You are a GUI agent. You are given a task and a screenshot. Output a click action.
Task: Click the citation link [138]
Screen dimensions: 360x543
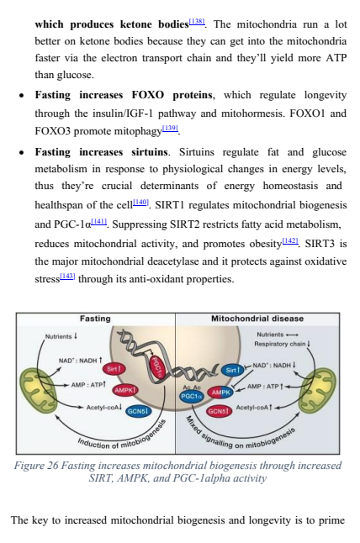tap(197, 22)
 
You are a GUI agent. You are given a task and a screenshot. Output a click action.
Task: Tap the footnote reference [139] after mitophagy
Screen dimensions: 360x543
tap(170, 129)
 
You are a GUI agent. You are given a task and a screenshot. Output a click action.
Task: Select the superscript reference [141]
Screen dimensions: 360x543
tap(99, 222)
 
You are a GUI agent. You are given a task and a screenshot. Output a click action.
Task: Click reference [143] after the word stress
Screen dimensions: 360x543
tap(67, 276)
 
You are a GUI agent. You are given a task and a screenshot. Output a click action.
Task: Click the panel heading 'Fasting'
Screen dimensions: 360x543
tap(95, 319)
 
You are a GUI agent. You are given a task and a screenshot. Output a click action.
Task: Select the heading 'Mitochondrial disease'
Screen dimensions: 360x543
tap(257, 319)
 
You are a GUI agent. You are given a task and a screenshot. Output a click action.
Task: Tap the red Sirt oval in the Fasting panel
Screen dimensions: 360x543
tap(114, 369)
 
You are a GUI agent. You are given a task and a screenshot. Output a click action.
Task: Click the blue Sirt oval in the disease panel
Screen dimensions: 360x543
tap(232, 370)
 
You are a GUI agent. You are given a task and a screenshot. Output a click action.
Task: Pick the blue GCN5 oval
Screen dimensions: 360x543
tap(138, 411)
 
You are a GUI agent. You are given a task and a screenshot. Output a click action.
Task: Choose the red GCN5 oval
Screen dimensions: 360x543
tap(219, 411)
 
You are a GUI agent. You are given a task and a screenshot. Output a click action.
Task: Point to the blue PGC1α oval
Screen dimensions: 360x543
tap(192, 397)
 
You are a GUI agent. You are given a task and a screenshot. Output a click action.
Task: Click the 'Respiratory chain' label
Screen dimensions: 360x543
tap(279, 344)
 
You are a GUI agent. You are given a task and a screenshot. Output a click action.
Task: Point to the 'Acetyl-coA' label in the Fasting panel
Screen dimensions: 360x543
tap(103, 407)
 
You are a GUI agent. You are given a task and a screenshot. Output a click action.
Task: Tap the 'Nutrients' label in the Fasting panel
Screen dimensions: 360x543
tap(58, 336)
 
